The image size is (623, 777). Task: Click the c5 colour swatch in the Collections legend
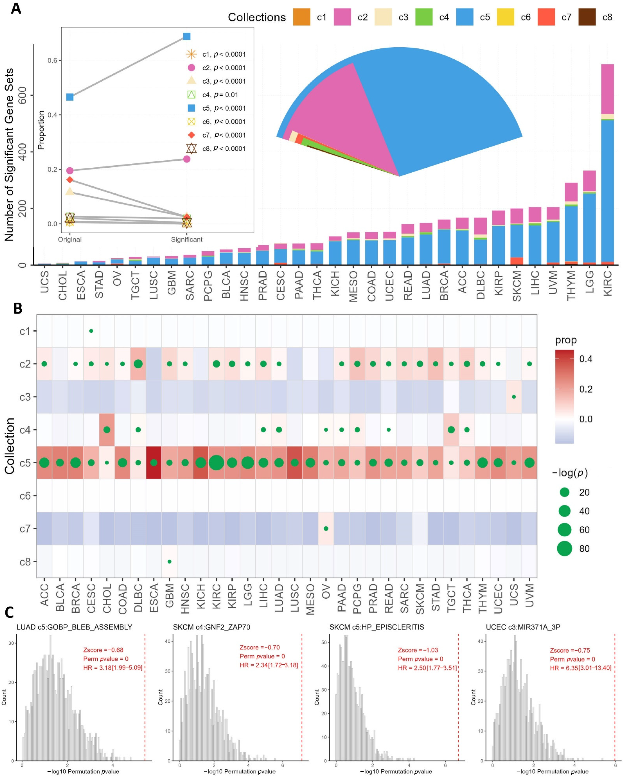[x=464, y=17]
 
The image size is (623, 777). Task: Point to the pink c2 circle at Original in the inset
[x=70, y=170]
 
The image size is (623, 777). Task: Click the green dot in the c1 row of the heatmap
[x=91, y=331]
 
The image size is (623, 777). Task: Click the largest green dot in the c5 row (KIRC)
[x=216, y=462]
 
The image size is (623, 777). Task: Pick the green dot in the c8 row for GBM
[x=169, y=561]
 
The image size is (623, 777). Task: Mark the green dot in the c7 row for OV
[x=326, y=528]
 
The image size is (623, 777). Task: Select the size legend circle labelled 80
[x=565, y=549]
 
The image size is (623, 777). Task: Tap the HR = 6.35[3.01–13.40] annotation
[x=580, y=668]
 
